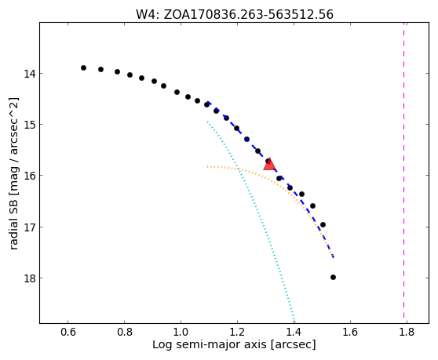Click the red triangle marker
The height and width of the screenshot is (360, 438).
269,164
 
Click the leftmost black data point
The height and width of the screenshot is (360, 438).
83,67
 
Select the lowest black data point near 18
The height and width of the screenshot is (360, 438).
333,277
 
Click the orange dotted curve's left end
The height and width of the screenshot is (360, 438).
207,166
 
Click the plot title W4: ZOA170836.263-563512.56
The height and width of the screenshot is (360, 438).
235,15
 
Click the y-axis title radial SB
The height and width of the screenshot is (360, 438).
13,173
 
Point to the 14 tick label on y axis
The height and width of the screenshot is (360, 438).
30,74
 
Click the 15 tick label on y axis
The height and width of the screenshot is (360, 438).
30,125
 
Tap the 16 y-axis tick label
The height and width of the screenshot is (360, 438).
30,176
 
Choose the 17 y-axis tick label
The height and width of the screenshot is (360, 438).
30,227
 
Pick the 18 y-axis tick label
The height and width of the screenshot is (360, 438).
30,278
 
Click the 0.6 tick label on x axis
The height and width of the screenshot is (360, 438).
68,332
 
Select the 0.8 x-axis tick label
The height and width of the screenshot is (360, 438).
125,332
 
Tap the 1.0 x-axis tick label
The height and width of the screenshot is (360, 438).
181,332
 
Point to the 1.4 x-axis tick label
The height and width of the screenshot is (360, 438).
294,332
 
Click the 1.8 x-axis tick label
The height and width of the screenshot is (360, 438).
407,332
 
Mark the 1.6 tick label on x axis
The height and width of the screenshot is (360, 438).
350,332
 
